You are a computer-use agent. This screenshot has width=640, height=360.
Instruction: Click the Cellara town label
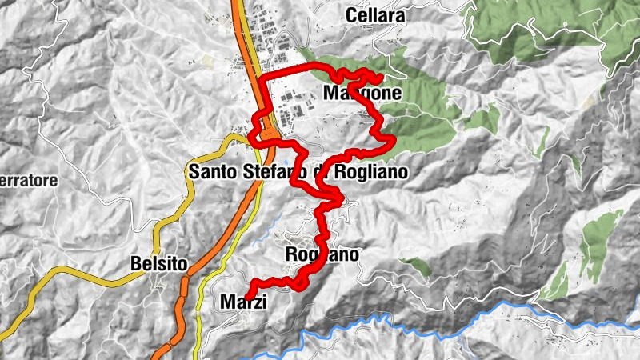pos(375,15)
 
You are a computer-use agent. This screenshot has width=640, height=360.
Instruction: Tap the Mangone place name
pos(362,94)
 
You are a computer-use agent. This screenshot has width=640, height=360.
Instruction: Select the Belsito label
pos(158,263)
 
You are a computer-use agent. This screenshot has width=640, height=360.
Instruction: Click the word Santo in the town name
pos(214,172)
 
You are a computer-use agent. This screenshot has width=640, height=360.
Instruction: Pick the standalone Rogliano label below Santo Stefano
pos(322,255)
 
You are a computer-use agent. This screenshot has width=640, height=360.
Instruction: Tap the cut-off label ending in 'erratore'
pos(29,182)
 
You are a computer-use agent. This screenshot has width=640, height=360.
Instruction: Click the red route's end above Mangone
pos(376,78)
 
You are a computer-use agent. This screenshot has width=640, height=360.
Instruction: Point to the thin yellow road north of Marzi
pos(210,272)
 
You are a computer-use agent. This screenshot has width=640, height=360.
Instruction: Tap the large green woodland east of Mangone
pos(424,120)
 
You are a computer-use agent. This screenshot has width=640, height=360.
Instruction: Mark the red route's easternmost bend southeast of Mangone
pos(393,142)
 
